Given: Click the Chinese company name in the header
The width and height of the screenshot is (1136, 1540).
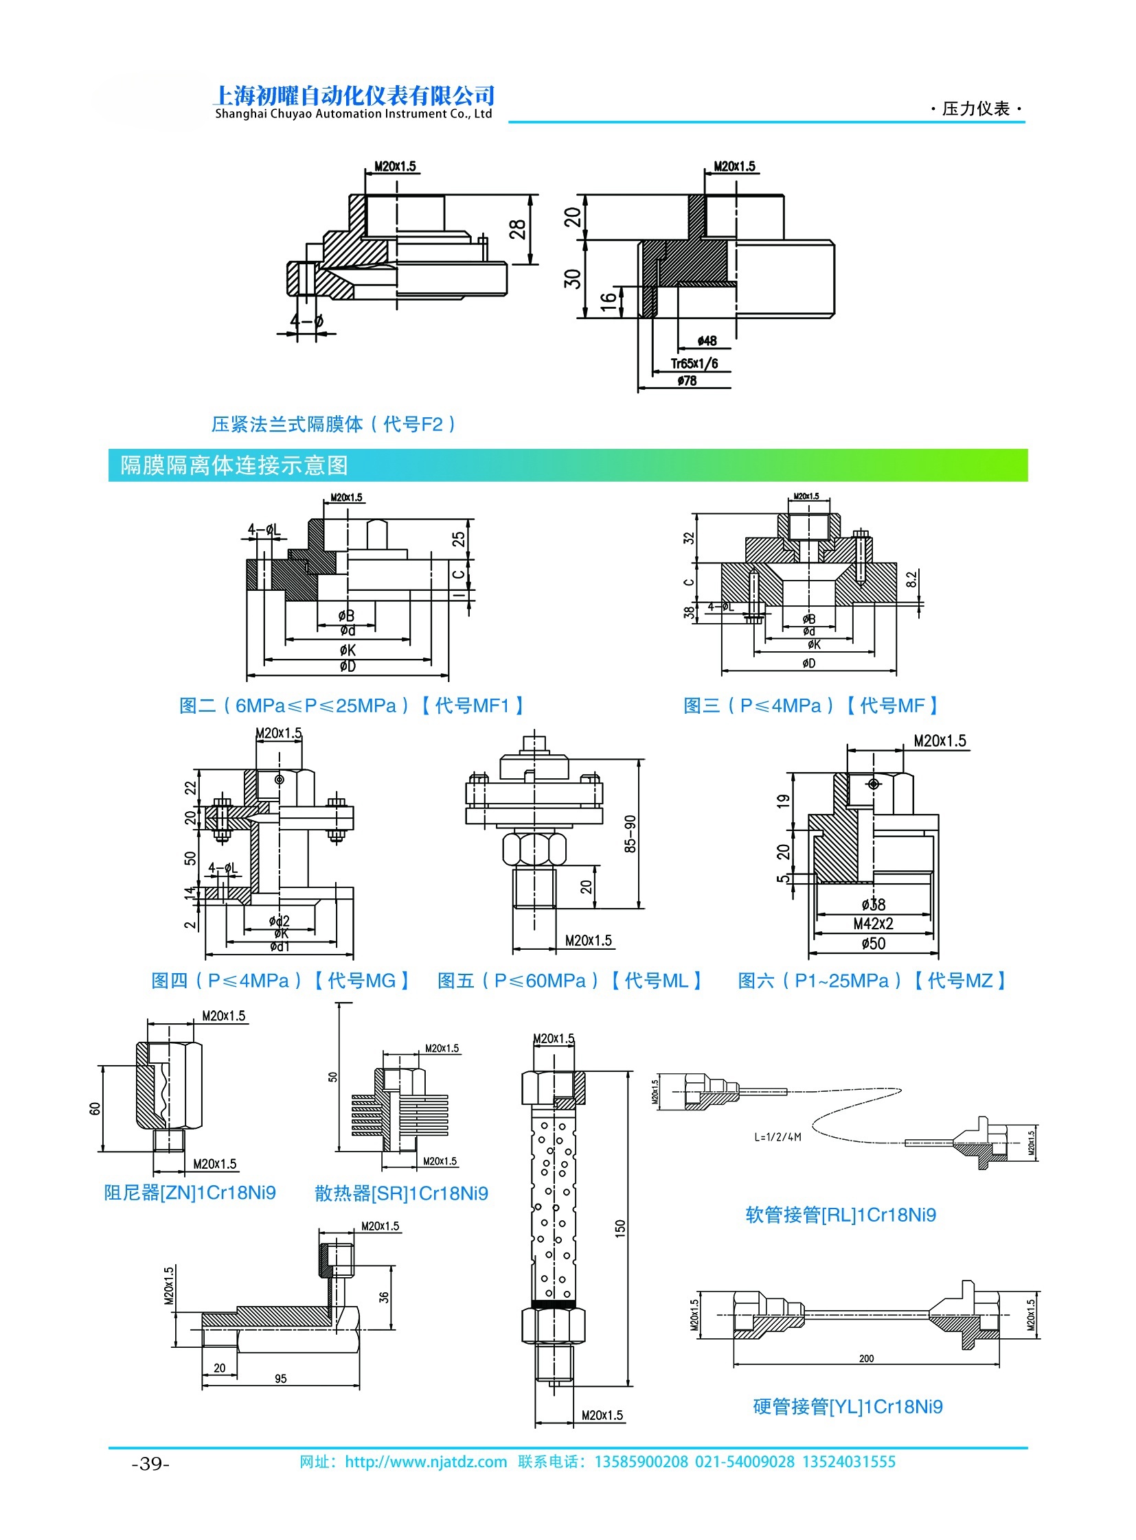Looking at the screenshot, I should coord(354,95).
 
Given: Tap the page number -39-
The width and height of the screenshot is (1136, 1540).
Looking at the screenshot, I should coord(150,1463).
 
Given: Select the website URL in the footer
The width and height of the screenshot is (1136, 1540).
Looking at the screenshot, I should coord(426,1462).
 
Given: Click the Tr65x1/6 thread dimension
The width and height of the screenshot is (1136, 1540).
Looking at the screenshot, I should coord(694,364).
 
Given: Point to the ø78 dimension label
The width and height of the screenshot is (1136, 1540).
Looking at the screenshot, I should coord(686,381).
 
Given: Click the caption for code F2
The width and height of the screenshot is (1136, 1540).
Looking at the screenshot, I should coord(333,424).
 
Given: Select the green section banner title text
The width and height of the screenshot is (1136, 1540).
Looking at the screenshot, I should coord(234,465).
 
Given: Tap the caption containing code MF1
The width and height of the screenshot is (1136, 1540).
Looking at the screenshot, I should coord(352,705).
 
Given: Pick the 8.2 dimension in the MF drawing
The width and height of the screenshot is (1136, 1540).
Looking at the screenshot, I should coord(911,580).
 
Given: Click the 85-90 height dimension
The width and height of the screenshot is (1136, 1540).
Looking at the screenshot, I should coord(630,835).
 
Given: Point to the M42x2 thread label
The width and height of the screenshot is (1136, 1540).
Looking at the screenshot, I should coord(873,924).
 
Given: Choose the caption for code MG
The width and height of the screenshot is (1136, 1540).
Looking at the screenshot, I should coord(280,981).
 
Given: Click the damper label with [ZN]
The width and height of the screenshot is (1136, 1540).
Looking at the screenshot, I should coord(190,1192).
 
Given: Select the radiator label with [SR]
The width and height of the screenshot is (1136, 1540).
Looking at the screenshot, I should coord(401,1193).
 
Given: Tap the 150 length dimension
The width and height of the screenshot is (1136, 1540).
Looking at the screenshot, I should coord(620,1228).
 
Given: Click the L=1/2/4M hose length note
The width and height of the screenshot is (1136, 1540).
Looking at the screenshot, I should coord(777,1137).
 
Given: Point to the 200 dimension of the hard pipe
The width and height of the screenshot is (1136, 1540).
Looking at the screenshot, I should coord(866,1359).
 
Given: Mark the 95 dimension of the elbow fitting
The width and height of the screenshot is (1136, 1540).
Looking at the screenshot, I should coord(280,1379).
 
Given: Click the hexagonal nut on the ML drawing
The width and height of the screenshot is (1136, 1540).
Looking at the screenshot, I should coord(534,850).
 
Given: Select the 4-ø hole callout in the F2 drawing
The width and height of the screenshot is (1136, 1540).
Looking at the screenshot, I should coord(307,321).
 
